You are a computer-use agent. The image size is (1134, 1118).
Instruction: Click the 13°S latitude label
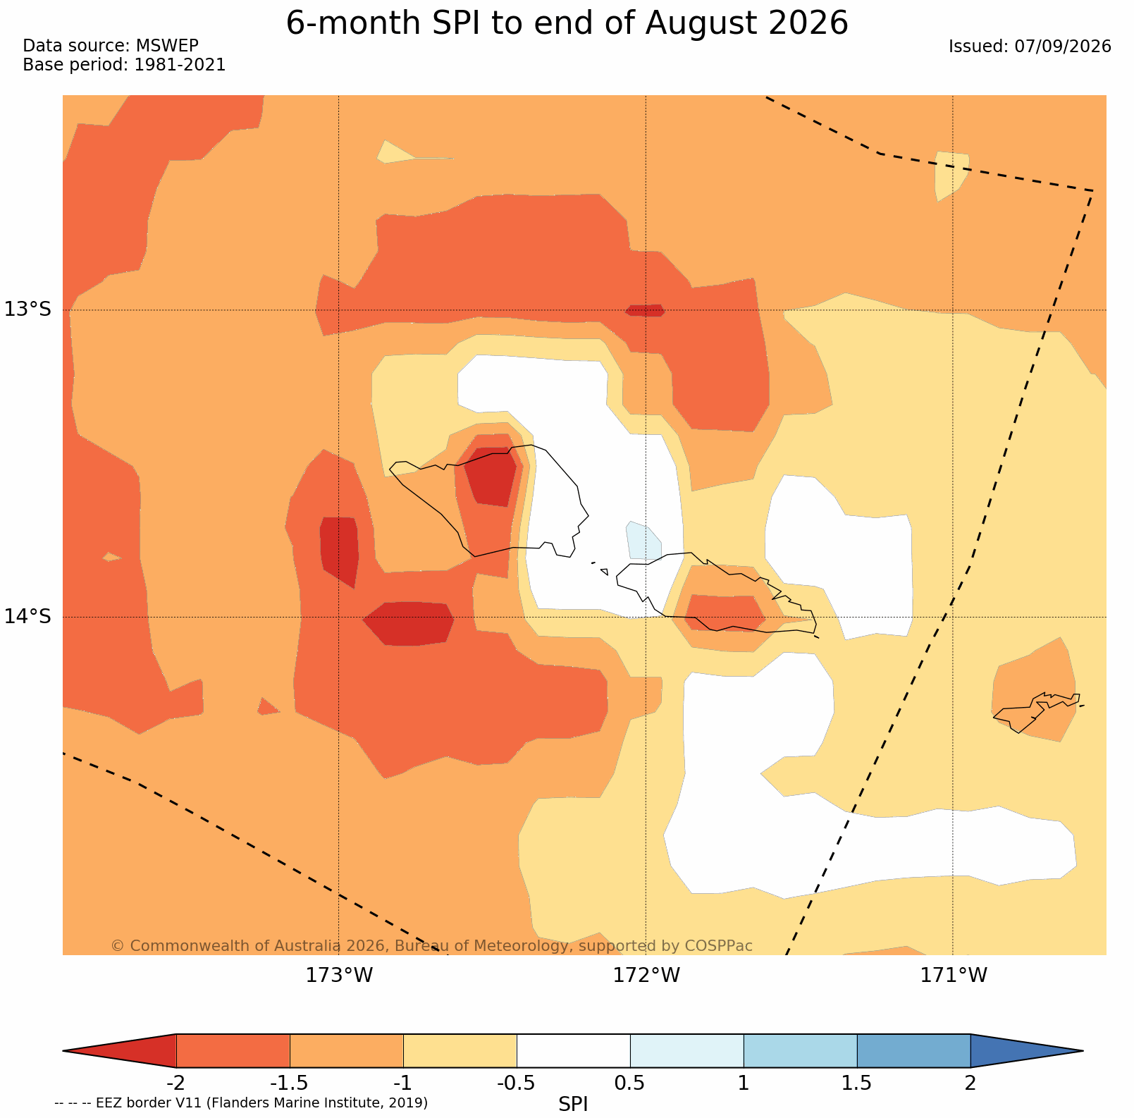pos(28,309)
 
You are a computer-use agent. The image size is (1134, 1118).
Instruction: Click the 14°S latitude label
pos(28,617)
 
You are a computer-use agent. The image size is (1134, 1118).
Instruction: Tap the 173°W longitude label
pos(339,976)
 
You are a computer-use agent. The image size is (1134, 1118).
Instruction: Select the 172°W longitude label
pos(646,976)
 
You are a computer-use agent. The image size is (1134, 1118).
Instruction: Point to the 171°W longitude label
pos(954,976)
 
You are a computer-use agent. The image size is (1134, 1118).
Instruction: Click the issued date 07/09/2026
pos(1063,47)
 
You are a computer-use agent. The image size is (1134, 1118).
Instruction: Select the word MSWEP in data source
pos(167,46)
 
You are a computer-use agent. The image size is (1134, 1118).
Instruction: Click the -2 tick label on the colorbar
pos(175,1083)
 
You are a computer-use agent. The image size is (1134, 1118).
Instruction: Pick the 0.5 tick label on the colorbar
pos(629,1083)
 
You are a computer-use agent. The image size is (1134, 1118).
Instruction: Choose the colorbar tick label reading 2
pos(970,1083)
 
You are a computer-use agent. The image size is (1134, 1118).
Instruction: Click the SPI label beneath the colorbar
pos(573,1104)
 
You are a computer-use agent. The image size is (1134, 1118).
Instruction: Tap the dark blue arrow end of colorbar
pos(1025,1051)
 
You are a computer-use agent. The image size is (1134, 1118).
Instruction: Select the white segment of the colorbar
pos(573,1051)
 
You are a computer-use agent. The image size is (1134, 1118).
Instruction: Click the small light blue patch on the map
pos(643,540)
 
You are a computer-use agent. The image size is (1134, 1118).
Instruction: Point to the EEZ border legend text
pos(241,1102)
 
